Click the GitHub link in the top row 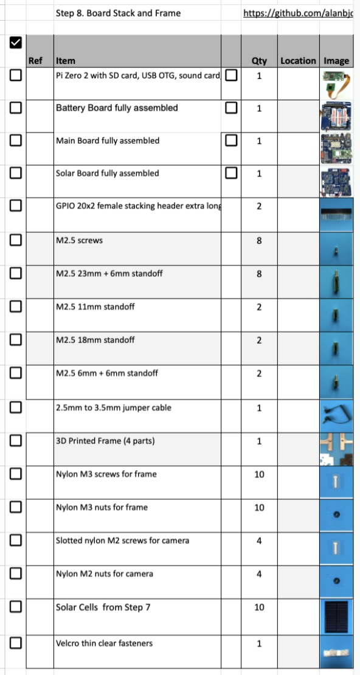[301, 13]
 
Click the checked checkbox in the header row [16, 42]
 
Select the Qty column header [259, 61]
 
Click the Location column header [298, 61]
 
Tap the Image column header [336, 61]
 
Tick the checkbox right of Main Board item [231, 140]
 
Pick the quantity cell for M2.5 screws [259, 241]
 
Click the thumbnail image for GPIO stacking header [336, 214]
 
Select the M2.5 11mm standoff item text [95, 306]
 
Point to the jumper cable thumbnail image [336, 415]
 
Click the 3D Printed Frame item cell [105, 441]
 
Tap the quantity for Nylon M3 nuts [259, 508]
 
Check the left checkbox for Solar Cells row [16, 606]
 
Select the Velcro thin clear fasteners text [104, 643]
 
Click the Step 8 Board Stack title [118, 13]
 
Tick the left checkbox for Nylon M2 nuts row [16, 573]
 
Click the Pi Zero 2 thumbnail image [336, 83]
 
